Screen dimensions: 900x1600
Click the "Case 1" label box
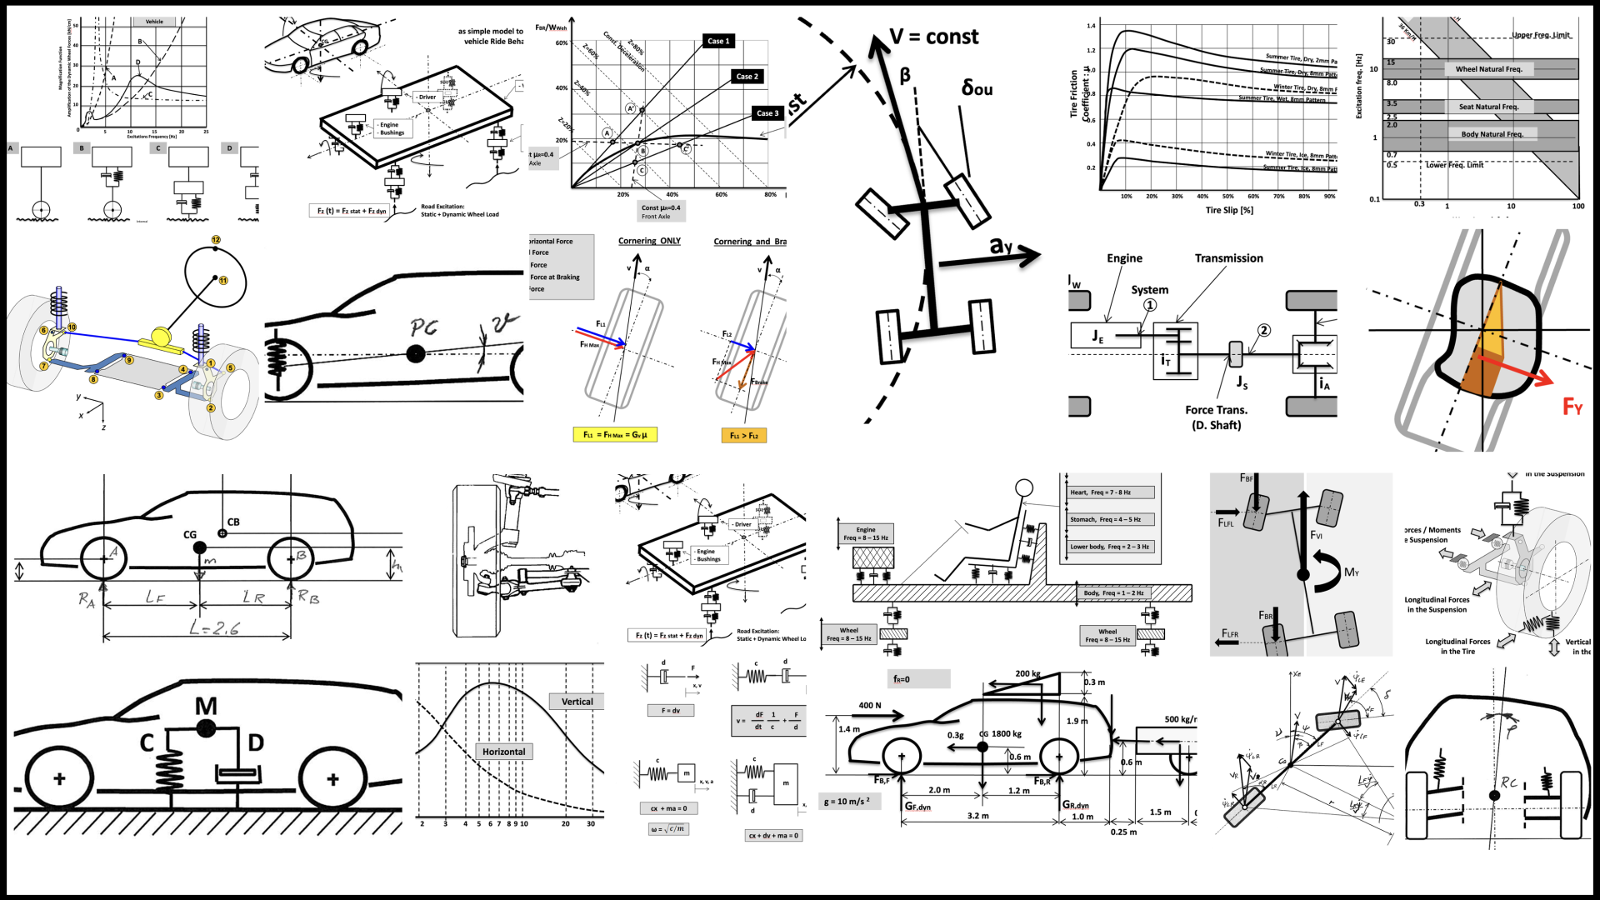[717, 41]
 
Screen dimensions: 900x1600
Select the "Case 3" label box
[767, 113]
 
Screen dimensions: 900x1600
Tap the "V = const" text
[933, 37]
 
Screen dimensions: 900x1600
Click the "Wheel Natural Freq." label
[1488, 69]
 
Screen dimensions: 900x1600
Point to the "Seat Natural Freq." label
[1488, 107]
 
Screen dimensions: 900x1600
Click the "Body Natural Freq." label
[1492, 134]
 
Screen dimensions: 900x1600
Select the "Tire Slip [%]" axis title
[1229, 210]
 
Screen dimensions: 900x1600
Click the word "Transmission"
[1228, 258]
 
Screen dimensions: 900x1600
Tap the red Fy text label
[1572, 407]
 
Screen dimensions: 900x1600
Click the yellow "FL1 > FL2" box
[743, 435]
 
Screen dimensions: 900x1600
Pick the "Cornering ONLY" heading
[649, 241]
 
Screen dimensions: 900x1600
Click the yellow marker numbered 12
[216, 240]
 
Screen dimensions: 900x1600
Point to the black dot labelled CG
[200, 547]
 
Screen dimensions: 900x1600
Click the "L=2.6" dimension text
[214, 628]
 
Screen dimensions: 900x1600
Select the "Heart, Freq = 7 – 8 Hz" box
[1108, 492]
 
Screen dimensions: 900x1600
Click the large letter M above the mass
[206, 707]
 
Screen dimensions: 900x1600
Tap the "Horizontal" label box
[503, 752]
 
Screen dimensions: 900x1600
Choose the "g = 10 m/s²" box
[847, 802]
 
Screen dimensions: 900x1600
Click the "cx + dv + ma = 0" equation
[773, 835]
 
